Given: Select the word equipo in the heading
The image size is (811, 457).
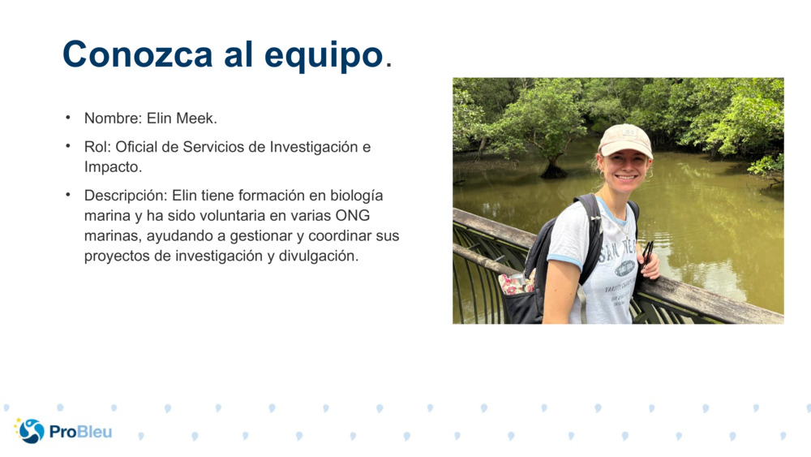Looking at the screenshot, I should [x=324, y=55].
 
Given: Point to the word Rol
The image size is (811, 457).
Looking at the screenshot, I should [x=97, y=147].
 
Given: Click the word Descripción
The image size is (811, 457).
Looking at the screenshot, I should [x=126, y=196].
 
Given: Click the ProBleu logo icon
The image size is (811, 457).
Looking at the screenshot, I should [x=31, y=431].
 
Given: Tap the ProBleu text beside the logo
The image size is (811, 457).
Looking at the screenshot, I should [x=80, y=432].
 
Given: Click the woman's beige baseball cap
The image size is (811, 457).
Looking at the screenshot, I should [x=625, y=140].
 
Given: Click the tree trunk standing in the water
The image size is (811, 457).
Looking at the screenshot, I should [x=554, y=166].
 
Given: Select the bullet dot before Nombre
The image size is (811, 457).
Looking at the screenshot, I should [x=69, y=119].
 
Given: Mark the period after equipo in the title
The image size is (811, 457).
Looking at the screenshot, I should [x=388, y=63].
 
